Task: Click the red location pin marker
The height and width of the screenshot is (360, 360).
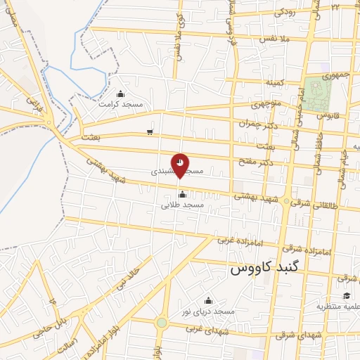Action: (x=181, y=164)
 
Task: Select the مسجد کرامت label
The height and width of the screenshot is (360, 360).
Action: (x=120, y=104)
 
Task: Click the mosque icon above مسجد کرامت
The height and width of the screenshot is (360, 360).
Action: (x=120, y=94)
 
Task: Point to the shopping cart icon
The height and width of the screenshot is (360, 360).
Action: (x=150, y=131)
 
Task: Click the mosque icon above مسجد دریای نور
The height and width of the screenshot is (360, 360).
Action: (x=207, y=301)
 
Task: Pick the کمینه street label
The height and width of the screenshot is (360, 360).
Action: (x=274, y=82)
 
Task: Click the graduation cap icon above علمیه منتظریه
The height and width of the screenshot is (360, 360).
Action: (x=346, y=297)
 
